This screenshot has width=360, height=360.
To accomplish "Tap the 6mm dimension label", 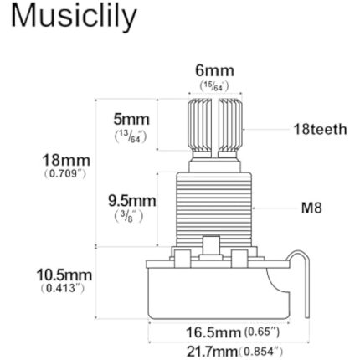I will [x=214, y=71].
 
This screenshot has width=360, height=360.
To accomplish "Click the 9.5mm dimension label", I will [x=132, y=201].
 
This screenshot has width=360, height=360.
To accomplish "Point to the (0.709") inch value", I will [x=64, y=174].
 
